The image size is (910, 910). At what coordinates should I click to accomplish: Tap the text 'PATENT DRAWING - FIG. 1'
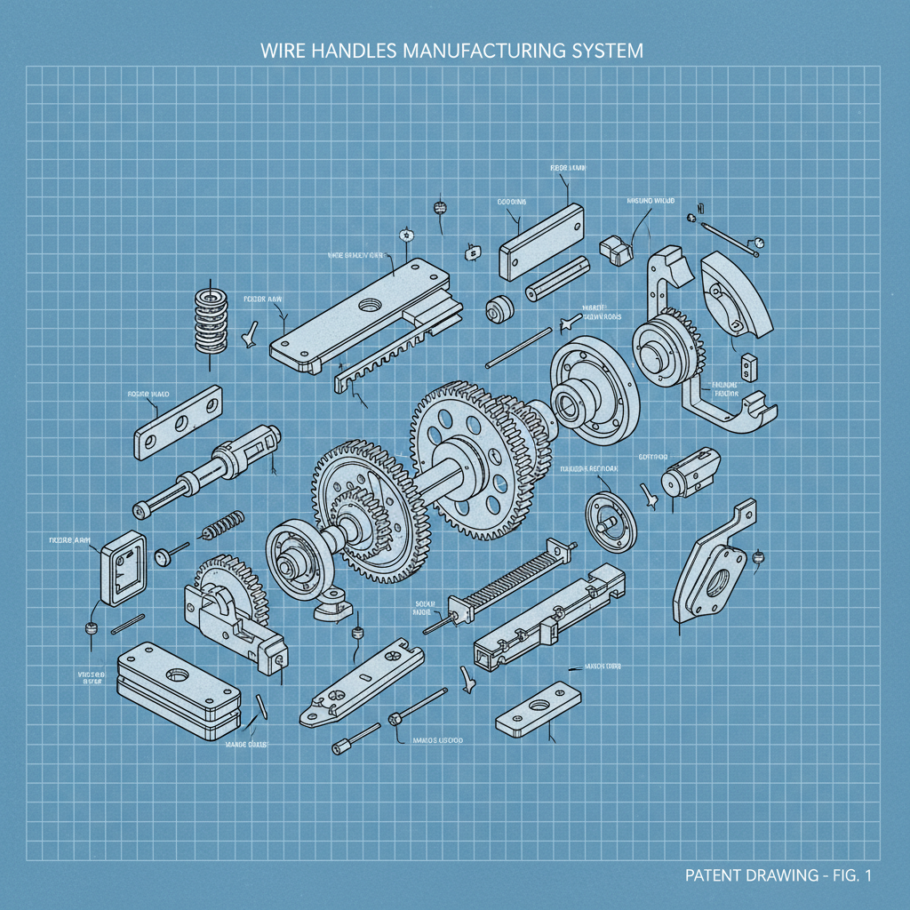point(778,875)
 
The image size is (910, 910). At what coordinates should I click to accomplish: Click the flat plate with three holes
point(178,422)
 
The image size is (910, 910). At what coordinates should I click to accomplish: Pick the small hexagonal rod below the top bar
point(557,280)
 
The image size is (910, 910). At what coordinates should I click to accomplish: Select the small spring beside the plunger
point(223,524)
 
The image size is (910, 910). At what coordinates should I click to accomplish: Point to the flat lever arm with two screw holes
point(361,685)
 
